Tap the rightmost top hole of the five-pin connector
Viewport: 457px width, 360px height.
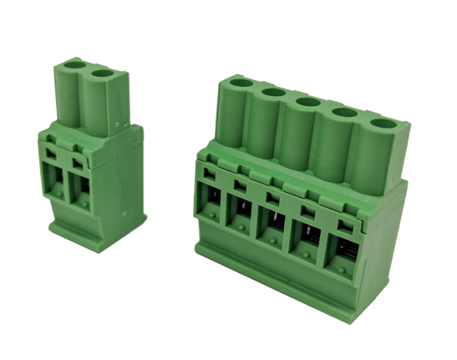pos(383,124)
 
